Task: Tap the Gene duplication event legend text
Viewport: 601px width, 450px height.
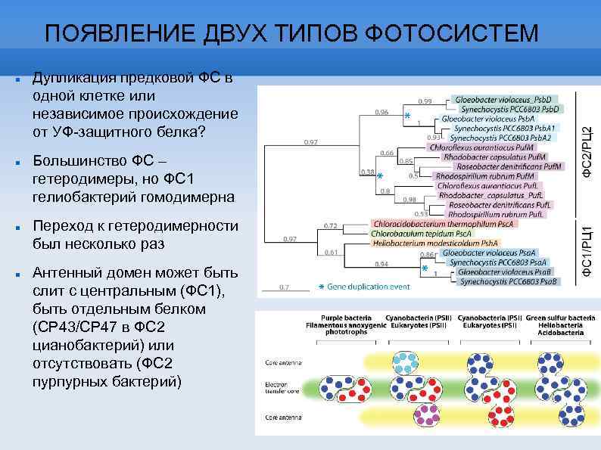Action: [x=369, y=287]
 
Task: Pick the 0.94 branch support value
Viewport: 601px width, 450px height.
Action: [x=383, y=263]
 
